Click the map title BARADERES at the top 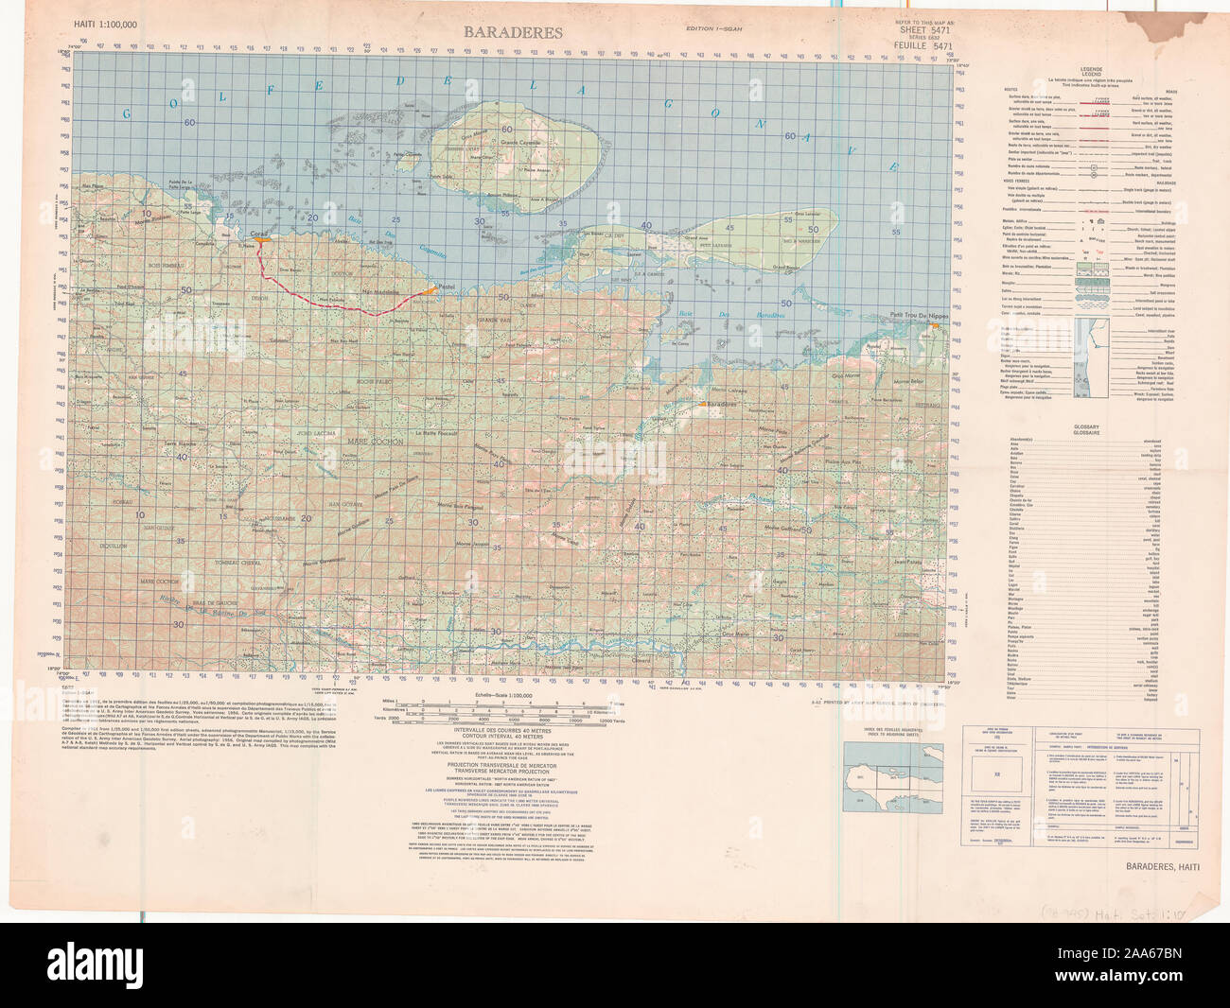pyautogui.click(x=512, y=33)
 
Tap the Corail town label pyautogui.click(x=258, y=232)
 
